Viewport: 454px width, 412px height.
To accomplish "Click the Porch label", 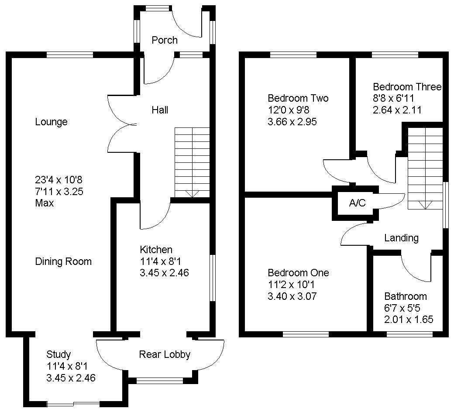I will [165, 40].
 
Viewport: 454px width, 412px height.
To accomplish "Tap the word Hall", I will [160, 110].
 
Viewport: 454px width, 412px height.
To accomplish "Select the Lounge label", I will [51, 122].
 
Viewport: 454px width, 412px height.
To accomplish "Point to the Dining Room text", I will [63, 261].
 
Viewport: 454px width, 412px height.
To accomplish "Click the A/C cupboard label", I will [357, 203].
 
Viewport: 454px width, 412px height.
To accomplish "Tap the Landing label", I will [401, 238].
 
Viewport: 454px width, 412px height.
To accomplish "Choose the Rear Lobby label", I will [165, 354].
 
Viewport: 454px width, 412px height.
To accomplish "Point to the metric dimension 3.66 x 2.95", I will [292, 121].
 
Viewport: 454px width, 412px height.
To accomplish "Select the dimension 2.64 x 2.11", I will [397, 110].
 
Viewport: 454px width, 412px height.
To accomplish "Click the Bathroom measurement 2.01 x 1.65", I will [409, 319].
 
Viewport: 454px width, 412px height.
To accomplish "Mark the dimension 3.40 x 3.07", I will [292, 296].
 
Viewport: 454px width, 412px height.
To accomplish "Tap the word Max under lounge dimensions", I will [45, 203].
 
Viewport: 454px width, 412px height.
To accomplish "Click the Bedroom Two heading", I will [298, 98].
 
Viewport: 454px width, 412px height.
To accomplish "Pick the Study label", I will [58, 354].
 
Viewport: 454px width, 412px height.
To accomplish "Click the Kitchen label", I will [156, 250].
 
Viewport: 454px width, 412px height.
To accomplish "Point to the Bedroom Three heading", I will [407, 87].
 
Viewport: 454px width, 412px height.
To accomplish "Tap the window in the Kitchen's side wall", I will [213, 278].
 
